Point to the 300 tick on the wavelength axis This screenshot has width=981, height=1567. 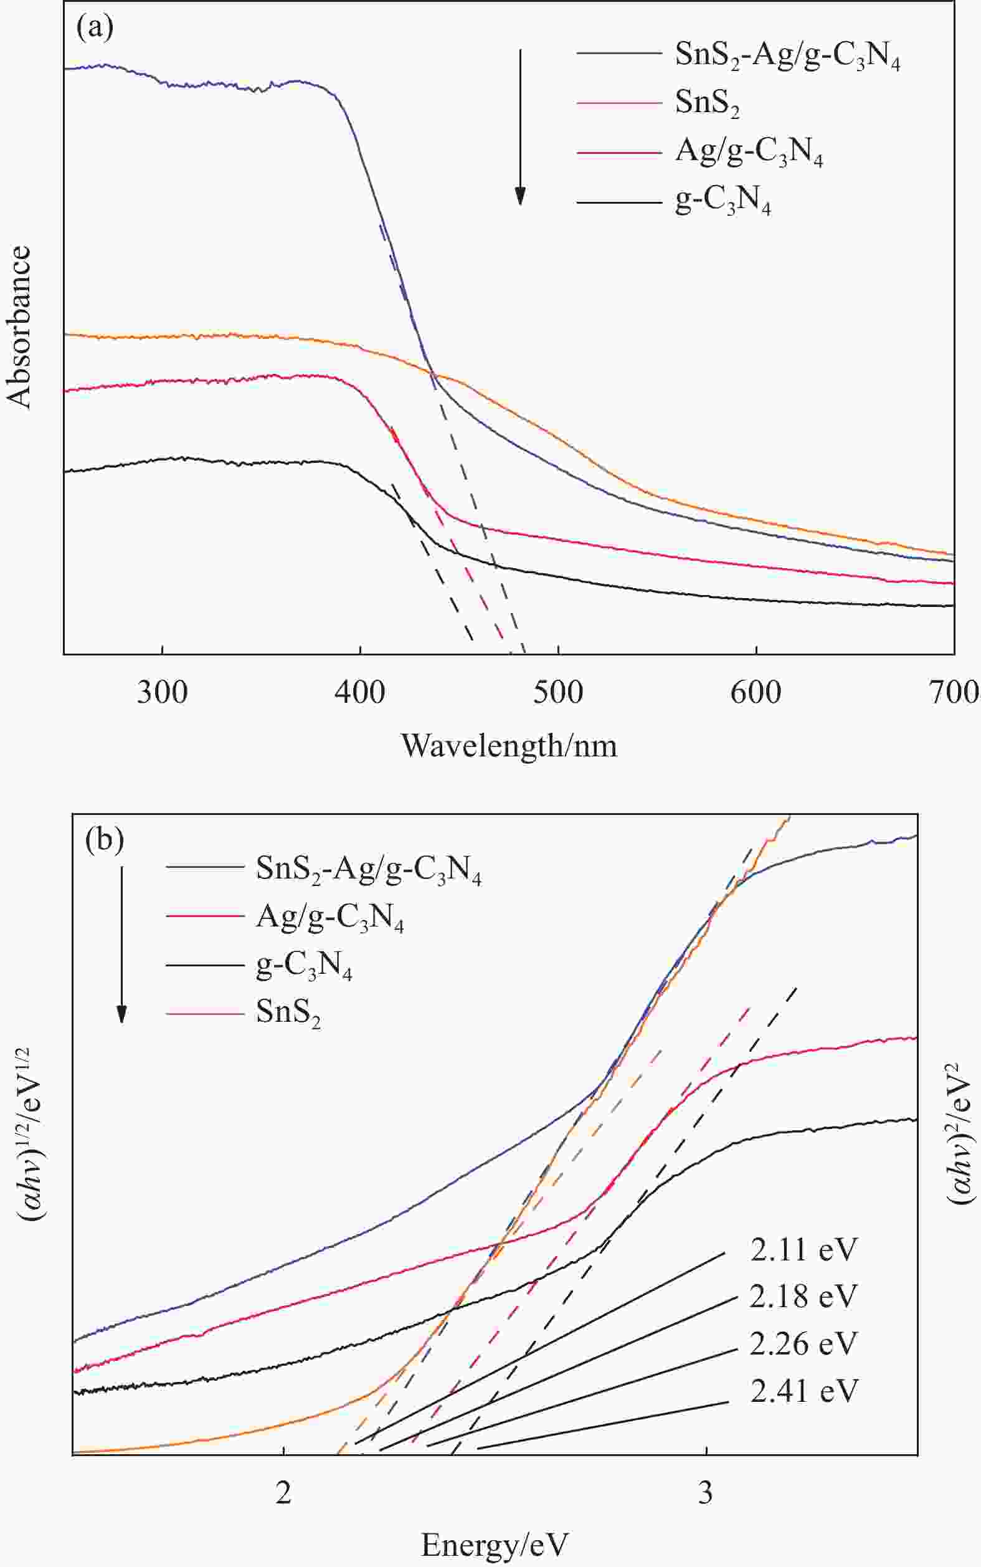[x=162, y=692]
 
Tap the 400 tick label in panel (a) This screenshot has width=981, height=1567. [x=360, y=692]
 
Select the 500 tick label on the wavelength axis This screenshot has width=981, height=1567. [x=558, y=692]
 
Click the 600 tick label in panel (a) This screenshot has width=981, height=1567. [x=756, y=692]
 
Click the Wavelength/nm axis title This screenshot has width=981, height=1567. [x=509, y=746]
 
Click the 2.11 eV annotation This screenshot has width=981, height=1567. [x=804, y=1250]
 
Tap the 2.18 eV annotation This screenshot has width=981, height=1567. [x=804, y=1297]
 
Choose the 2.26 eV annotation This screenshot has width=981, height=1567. [x=804, y=1344]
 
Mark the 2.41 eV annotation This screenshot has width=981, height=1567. [x=804, y=1391]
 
